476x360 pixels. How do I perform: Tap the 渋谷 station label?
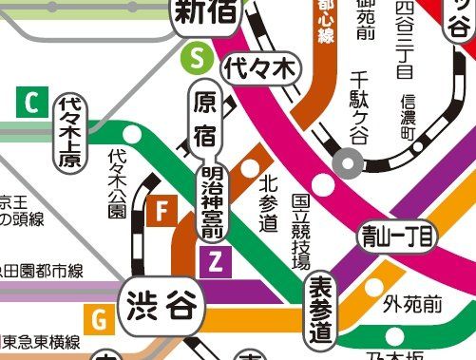[x=162, y=307]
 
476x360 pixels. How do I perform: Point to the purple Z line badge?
[x=215, y=259]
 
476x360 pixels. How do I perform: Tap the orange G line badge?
[x=99, y=318]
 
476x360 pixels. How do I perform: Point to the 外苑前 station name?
[x=413, y=305]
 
